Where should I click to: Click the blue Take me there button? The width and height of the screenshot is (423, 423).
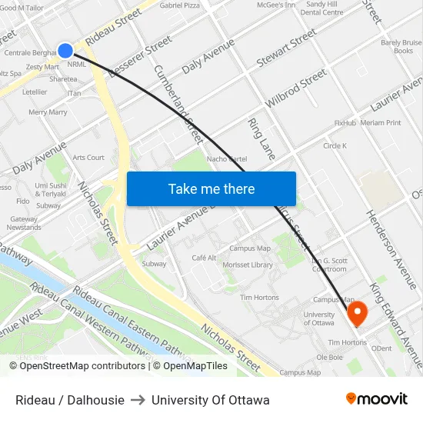pyautogui.click(x=211, y=188)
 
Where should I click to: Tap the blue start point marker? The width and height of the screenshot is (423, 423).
pyautogui.click(x=65, y=51)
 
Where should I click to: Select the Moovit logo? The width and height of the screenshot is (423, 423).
pyautogui.click(x=376, y=399)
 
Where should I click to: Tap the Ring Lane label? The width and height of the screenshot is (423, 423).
pyautogui.click(x=261, y=138)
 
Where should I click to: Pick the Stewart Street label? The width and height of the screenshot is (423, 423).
pyautogui.click(x=287, y=47)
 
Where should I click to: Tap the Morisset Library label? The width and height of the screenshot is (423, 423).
pyautogui.click(x=247, y=265)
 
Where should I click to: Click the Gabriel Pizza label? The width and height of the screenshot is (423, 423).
pyautogui.click(x=179, y=5)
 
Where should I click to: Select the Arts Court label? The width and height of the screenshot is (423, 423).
pyautogui.click(x=88, y=158)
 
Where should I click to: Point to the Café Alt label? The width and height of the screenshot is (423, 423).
pyautogui.click(x=204, y=258)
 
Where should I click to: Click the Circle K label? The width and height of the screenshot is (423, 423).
pyautogui.click(x=335, y=145)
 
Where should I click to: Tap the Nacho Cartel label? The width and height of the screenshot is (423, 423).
pyautogui.click(x=226, y=159)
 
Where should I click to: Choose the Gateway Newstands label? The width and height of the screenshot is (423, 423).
pyautogui.click(x=24, y=223)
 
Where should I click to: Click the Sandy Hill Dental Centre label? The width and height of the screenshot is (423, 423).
pyautogui.click(x=322, y=8)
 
